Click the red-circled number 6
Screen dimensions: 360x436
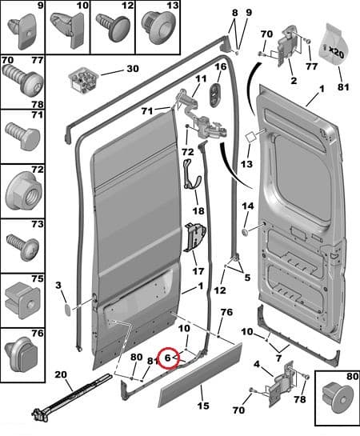tap(168, 358)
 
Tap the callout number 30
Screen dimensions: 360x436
tap(133, 69)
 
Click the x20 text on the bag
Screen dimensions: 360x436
tap(336, 52)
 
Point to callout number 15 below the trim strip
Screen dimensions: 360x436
tap(203, 406)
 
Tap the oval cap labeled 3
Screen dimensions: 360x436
tap(67, 310)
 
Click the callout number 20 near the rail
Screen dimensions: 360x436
tap(61, 374)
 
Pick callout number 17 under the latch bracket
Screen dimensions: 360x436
tap(198, 271)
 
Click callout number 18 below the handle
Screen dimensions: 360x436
tap(198, 210)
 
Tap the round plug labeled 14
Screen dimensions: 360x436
tap(245, 231)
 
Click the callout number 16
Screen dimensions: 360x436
tap(221, 66)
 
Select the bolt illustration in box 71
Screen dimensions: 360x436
tap(22, 136)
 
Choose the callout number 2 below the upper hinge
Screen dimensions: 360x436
tap(294, 81)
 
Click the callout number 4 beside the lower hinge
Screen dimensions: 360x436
tap(257, 364)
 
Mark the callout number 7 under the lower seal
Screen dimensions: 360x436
tap(278, 358)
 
